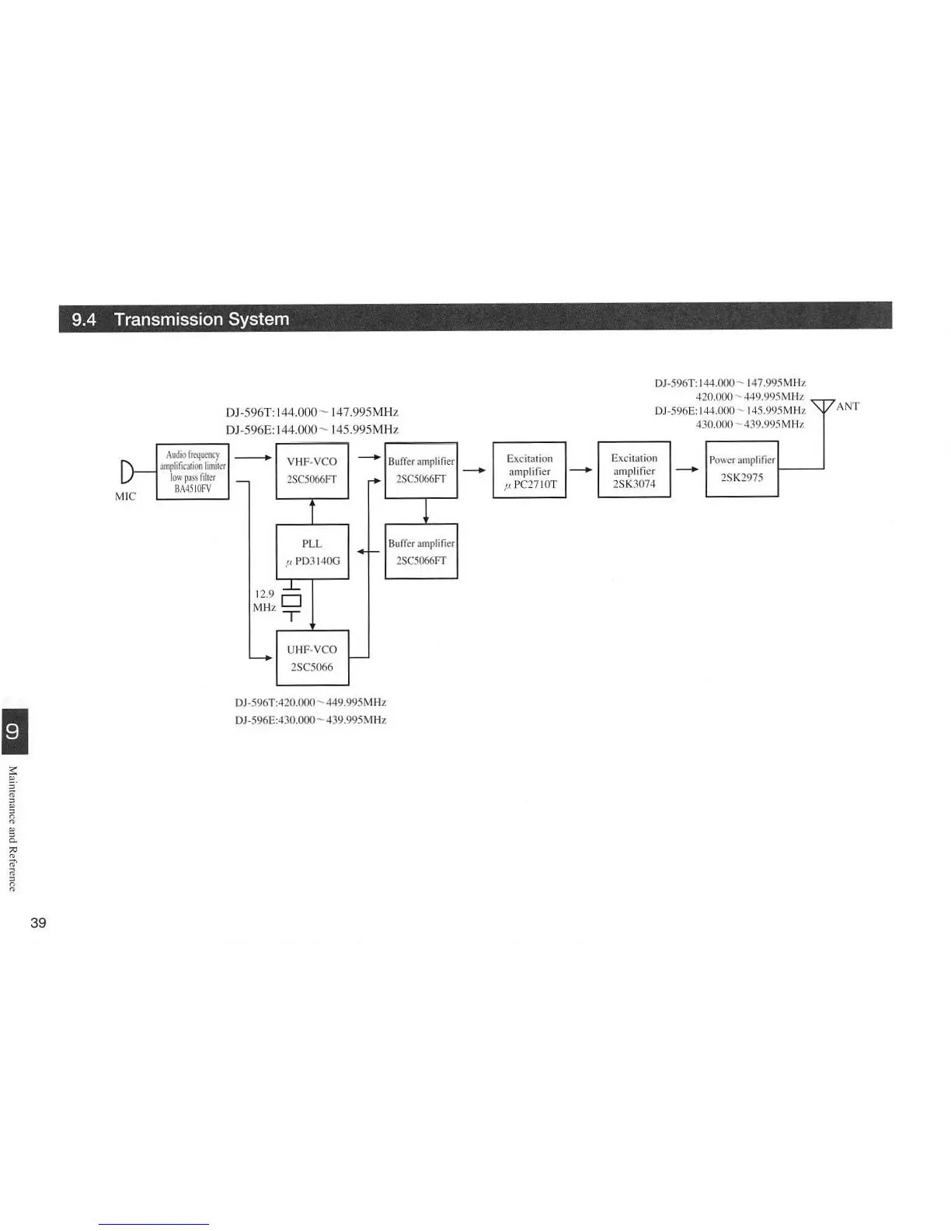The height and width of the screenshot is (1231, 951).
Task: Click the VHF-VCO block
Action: [x=312, y=470]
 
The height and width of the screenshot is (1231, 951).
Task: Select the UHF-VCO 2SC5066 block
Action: [x=312, y=657]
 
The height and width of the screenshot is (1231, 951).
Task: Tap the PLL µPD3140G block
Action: [x=312, y=552]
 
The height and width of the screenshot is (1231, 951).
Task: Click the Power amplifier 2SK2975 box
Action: [x=741, y=469]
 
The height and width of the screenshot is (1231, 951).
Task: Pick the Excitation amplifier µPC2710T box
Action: [x=529, y=470]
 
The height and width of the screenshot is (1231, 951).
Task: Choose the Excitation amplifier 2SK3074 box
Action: [x=634, y=469]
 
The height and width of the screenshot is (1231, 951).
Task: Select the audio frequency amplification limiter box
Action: [x=193, y=472]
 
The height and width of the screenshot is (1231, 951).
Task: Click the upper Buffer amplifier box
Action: [x=421, y=470]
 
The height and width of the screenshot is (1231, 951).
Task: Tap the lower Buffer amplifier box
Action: [x=421, y=552]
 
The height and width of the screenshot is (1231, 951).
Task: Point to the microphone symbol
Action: [x=127, y=471]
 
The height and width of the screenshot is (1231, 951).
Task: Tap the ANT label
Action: [x=848, y=406]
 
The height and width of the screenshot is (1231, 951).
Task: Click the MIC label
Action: [x=125, y=497]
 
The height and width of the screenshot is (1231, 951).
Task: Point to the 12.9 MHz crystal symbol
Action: [x=291, y=600]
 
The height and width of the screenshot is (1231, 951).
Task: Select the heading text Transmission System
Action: [x=201, y=319]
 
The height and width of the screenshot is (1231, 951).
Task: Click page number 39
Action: [x=38, y=923]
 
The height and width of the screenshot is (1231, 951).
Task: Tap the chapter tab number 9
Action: [x=13, y=731]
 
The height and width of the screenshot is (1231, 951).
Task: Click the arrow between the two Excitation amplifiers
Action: [x=581, y=469]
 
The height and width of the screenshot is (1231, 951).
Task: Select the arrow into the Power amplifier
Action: [x=688, y=469]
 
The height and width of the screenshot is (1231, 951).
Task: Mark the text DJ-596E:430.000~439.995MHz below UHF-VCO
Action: [x=310, y=720]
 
